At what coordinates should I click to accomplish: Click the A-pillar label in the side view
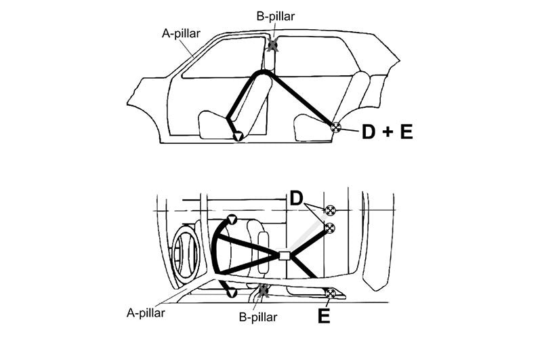[x=181, y=33]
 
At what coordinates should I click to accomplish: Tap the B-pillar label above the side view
[x=276, y=16]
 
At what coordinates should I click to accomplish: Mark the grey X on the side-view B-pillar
[x=273, y=45]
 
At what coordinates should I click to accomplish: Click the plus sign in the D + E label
[x=388, y=132]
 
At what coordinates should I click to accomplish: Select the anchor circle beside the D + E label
[x=335, y=127]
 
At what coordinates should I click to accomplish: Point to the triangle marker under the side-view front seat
[x=238, y=136]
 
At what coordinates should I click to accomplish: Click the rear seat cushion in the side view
[x=313, y=129]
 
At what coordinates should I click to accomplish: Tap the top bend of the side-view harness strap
[x=264, y=73]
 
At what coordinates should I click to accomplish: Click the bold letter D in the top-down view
[x=296, y=198]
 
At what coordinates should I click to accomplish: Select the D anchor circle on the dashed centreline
[x=330, y=210]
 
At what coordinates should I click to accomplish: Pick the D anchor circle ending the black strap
[x=330, y=228]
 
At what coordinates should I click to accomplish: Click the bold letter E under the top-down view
[x=324, y=316]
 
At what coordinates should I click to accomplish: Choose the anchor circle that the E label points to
[x=331, y=294]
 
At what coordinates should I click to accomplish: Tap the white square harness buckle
[x=284, y=256]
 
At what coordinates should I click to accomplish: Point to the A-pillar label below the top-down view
[x=146, y=313]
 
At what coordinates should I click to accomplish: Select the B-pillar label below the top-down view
[x=258, y=317]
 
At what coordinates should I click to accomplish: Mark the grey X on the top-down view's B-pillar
[x=264, y=290]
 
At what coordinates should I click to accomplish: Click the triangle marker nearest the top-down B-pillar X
[x=231, y=294]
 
